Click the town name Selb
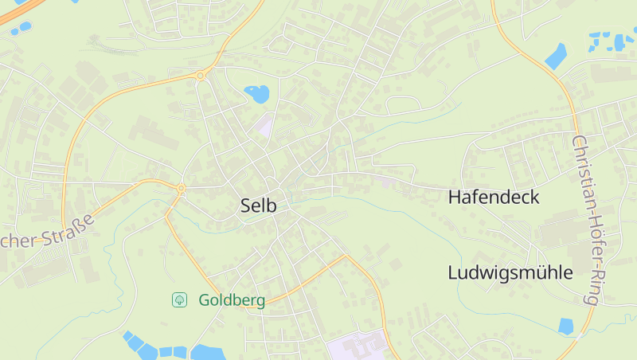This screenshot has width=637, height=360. point(259,205)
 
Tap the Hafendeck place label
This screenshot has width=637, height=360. point(494,198)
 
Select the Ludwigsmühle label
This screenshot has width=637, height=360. point(510,273)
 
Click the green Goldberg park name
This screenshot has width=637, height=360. point(232,300)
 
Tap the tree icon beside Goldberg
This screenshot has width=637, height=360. point(180,299)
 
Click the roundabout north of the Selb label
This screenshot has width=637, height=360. point(200,76)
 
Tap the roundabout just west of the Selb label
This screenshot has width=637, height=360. point(182,189)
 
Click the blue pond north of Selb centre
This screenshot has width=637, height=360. point(257,94)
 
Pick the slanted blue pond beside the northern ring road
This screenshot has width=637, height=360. point(556,56)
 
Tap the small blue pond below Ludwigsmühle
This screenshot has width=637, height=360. point(565,326)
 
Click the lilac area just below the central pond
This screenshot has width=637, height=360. point(264,125)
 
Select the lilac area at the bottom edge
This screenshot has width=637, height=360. point(354,347)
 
